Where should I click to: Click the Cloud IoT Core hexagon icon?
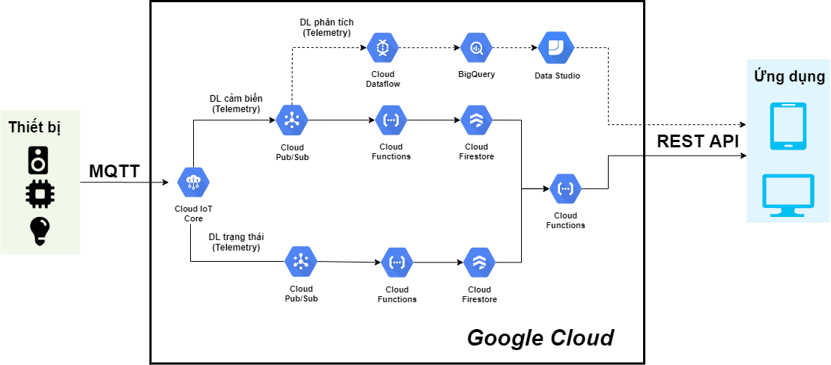[193, 182]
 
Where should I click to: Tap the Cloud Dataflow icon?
[383, 49]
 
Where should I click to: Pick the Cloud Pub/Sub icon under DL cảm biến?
[291, 120]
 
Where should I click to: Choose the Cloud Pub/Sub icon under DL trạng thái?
[301, 262]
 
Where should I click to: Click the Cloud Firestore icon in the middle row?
[476, 120]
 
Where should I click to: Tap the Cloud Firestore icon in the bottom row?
[479, 263]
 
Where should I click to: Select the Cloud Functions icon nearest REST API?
[565, 188]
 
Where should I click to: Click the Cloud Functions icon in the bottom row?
[397, 263]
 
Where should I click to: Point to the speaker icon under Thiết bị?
[39, 159]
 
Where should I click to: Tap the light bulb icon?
[39, 231]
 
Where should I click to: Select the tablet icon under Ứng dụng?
[788, 124]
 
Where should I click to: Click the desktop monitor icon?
[788, 195]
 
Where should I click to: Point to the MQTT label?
[114, 171]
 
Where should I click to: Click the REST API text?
[697, 141]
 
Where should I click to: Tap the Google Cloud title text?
[540, 337]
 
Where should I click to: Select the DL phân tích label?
[326, 27]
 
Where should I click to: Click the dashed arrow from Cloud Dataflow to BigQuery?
[428, 49]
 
